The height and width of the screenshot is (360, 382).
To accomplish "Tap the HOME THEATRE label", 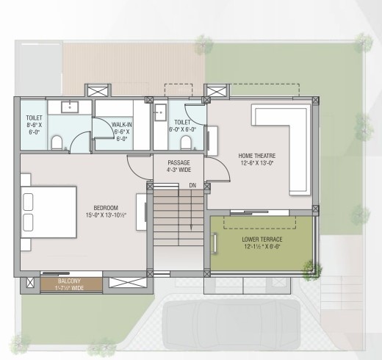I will point(256,158).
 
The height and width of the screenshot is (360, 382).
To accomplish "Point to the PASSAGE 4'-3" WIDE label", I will point(179,165).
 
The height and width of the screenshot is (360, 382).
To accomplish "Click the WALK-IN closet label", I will point(123,130).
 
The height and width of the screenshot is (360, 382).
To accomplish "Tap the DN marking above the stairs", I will point(192,185).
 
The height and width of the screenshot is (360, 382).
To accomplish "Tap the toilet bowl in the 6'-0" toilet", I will point(187,139).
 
